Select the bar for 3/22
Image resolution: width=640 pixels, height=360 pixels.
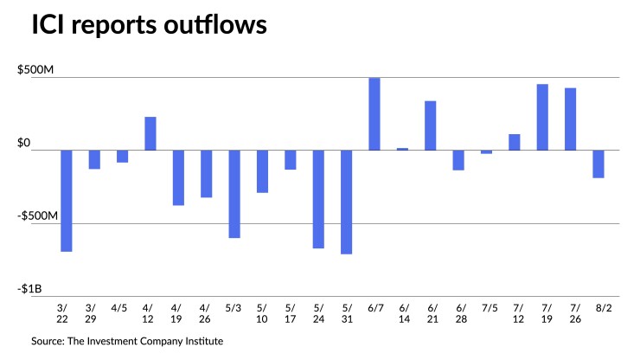tap(66, 201)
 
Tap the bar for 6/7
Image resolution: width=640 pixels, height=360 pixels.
tap(374, 114)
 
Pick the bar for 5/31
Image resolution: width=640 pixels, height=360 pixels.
tap(347, 202)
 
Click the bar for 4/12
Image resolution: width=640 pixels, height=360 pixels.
tap(150, 133)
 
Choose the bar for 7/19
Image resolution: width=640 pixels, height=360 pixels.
tap(542, 117)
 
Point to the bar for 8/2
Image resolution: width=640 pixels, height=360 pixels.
tap(598, 164)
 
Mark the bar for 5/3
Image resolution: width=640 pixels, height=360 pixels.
tap(234, 194)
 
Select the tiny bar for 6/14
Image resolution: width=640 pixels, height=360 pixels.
tap(402, 149)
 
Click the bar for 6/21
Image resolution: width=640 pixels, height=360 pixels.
tap(431, 125)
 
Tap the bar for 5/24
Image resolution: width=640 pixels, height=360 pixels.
tap(318, 199)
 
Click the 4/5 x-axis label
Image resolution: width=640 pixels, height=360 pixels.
tap(122, 307)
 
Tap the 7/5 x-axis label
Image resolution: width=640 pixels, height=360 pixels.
tap(486, 307)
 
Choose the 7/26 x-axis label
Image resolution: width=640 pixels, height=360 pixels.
tap(570, 312)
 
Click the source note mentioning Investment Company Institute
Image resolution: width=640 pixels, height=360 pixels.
tap(128, 341)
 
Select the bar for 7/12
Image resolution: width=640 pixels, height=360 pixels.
tap(515, 142)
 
